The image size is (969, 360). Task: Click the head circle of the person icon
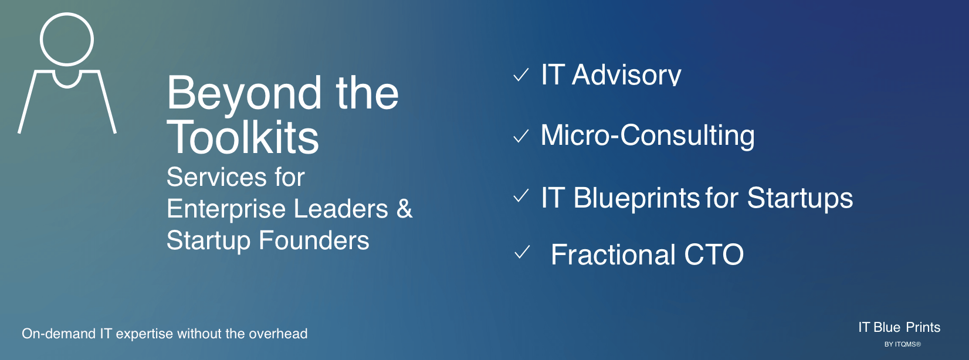point(67,14)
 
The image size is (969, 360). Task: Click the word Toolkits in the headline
point(243,137)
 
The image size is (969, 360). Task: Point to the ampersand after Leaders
point(404,208)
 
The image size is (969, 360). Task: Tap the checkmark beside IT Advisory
point(521,75)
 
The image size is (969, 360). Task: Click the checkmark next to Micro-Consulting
point(521,136)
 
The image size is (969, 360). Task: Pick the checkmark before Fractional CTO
point(522,252)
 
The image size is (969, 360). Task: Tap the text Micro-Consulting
point(648,135)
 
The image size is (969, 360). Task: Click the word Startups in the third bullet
point(800,199)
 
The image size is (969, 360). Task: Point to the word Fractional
point(613,254)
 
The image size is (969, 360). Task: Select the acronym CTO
point(714,254)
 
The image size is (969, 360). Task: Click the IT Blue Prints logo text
point(899,328)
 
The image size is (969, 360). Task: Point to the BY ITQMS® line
point(903,344)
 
